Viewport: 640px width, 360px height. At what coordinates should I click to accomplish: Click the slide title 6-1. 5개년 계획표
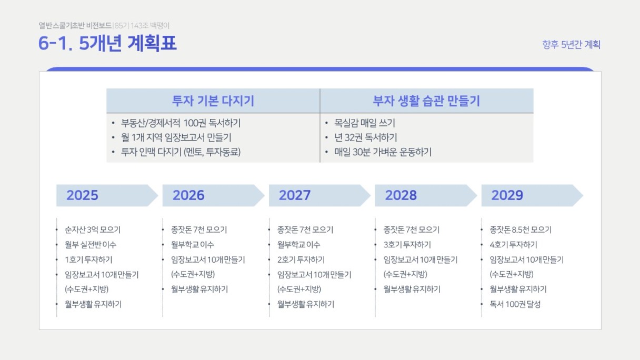pyautogui.click(x=107, y=44)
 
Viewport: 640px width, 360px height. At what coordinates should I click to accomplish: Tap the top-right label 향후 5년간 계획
pyautogui.click(x=571, y=45)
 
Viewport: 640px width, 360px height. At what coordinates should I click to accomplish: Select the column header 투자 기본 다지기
pyautogui.click(x=213, y=101)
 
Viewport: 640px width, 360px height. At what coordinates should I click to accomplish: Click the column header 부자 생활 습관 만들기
pyautogui.click(x=426, y=101)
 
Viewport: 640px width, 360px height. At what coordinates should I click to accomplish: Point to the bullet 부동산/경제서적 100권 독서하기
pyautogui.click(x=181, y=123)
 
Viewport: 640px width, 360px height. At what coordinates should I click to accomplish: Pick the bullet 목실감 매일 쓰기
pyautogui.click(x=365, y=123)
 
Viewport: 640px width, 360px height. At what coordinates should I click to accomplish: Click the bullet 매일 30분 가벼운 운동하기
pyautogui.click(x=383, y=152)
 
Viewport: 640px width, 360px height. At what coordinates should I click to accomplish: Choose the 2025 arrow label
pyautogui.click(x=82, y=195)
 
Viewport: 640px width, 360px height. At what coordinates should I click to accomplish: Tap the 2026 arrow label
pyautogui.click(x=188, y=195)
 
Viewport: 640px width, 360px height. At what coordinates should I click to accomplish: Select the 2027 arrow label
pyautogui.click(x=295, y=195)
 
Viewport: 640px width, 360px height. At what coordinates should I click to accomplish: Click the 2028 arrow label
pyautogui.click(x=401, y=195)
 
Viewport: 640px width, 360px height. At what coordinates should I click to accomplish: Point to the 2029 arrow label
pyautogui.click(x=507, y=195)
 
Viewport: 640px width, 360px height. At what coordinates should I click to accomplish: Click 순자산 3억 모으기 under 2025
pyautogui.click(x=93, y=229)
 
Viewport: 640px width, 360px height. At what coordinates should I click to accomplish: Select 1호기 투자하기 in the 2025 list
pyautogui.click(x=88, y=259)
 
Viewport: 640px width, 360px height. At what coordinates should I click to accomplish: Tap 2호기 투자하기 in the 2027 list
pyautogui.click(x=301, y=259)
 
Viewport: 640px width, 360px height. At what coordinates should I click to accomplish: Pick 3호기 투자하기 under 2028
pyautogui.click(x=407, y=245)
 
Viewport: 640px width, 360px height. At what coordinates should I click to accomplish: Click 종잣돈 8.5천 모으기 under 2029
pyautogui.click(x=521, y=229)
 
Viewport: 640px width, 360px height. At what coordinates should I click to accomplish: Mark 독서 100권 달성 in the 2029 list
pyautogui.click(x=515, y=304)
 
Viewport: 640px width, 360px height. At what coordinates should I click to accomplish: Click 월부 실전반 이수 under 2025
pyautogui.click(x=91, y=245)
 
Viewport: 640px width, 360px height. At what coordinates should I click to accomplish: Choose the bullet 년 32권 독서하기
pyautogui.click(x=366, y=138)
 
